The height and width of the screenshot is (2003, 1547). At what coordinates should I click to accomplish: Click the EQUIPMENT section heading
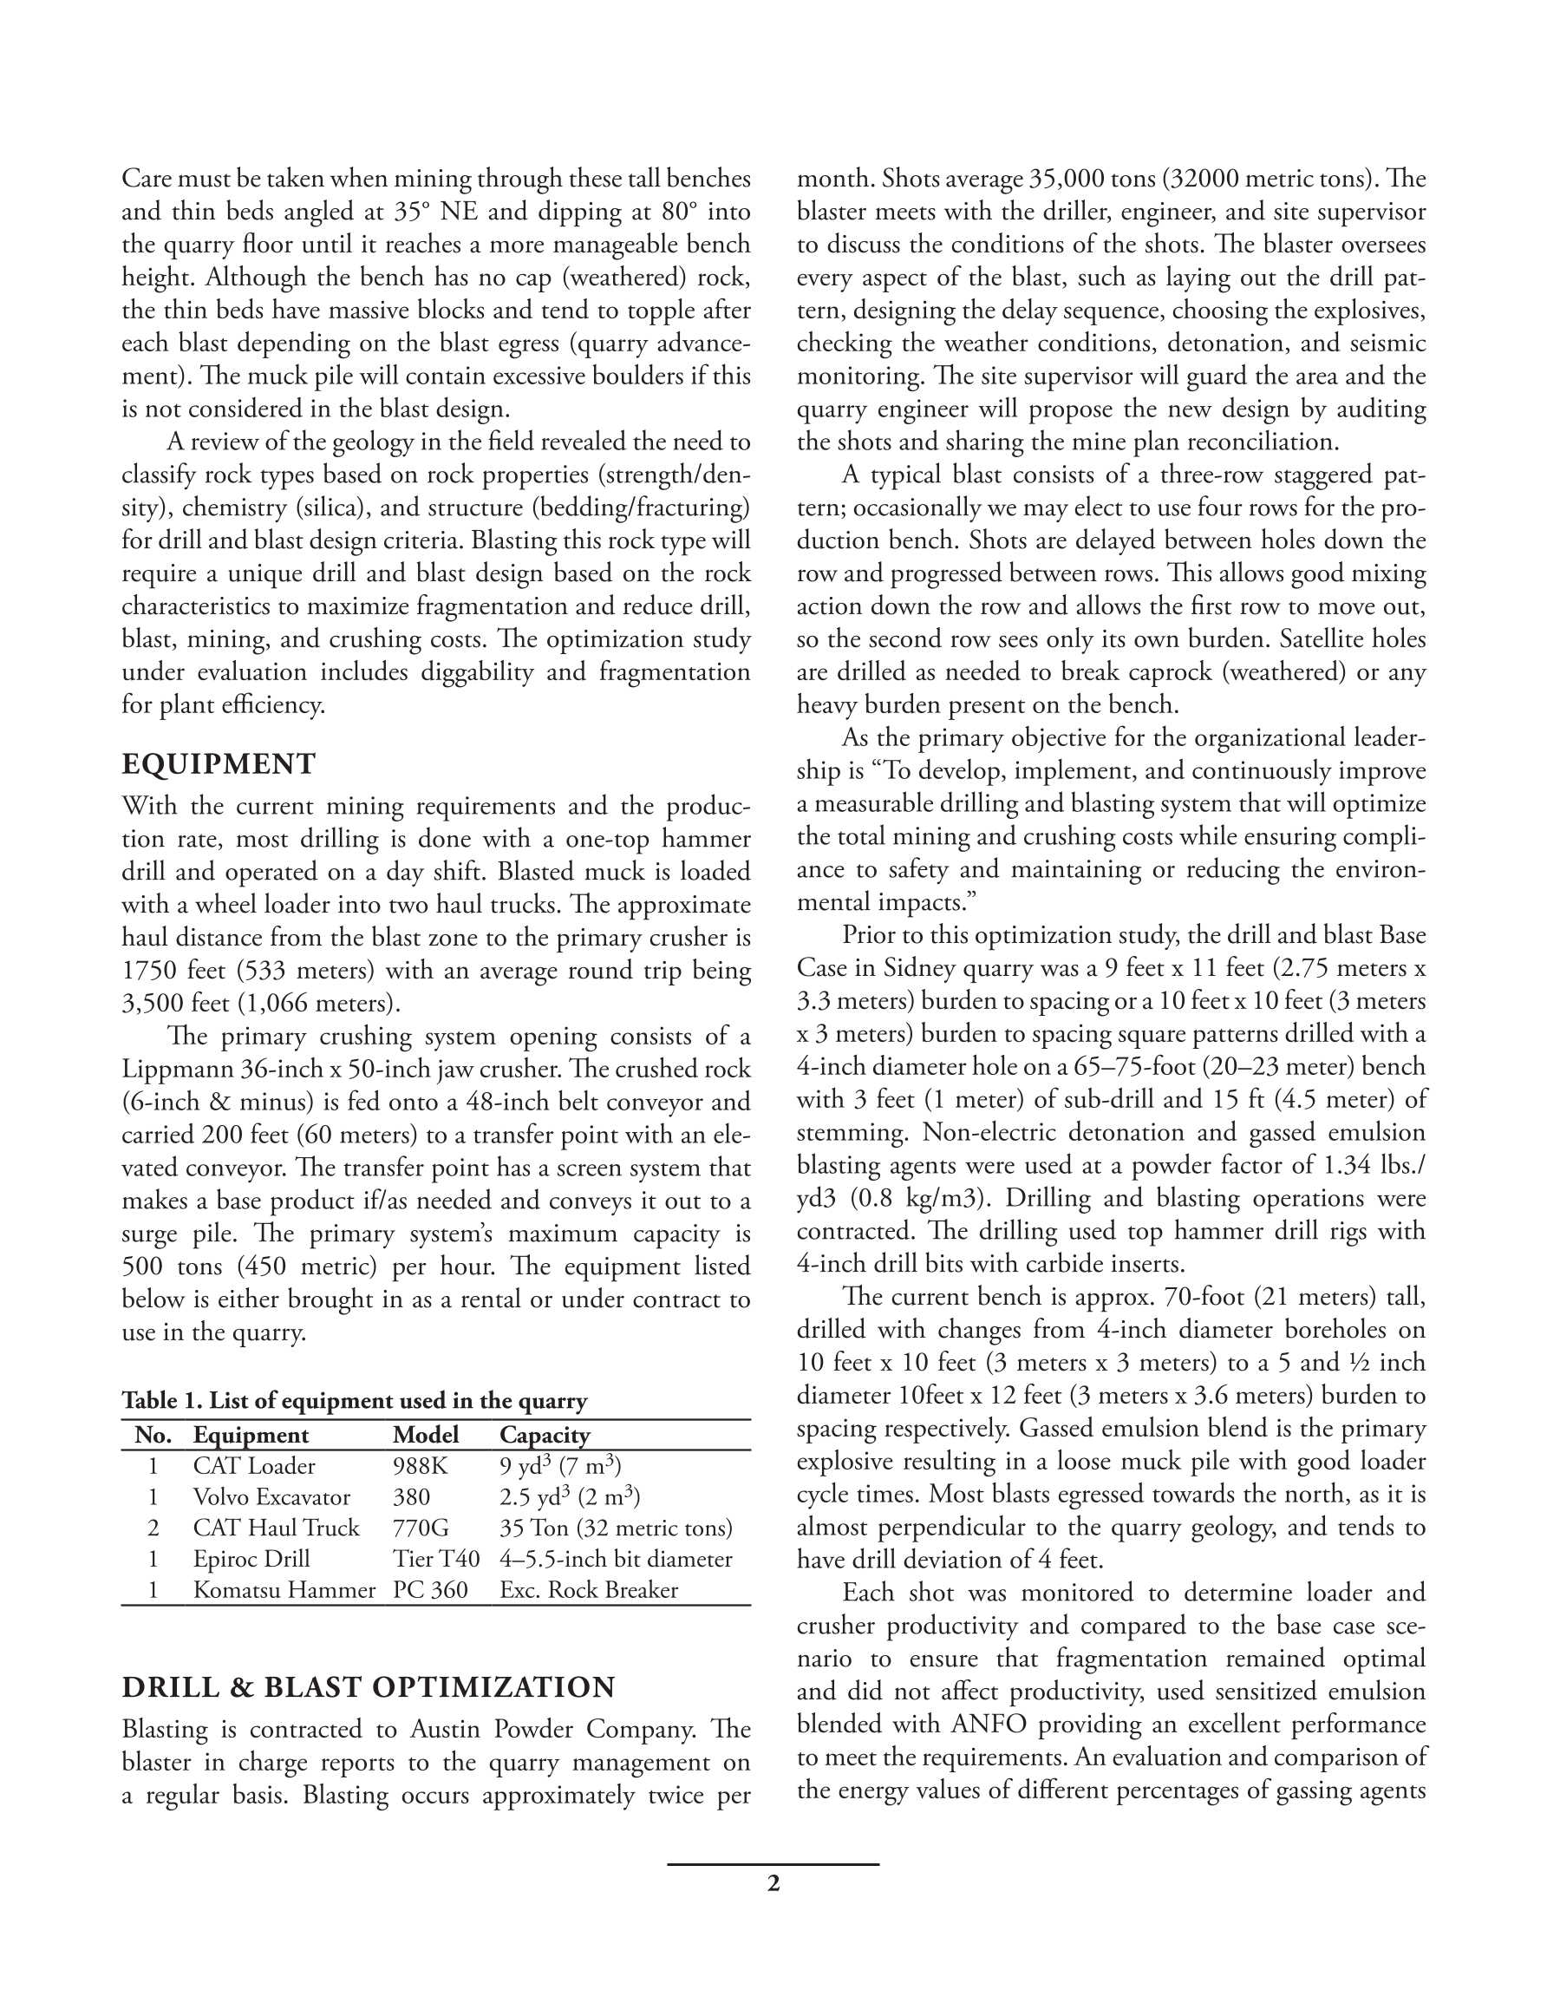tap(219, 764)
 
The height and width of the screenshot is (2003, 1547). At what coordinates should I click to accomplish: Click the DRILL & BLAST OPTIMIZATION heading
tap(369, 1687)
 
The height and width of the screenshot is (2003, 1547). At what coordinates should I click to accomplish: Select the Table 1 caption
tap(354, 1401)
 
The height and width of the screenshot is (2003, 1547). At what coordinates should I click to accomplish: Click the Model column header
tap(426, 1436)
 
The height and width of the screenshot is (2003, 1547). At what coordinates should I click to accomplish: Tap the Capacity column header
tap(545, 1436)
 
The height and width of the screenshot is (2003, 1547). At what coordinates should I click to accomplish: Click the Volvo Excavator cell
tap(271, 1497)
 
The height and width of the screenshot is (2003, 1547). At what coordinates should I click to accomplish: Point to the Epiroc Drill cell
tap(251, 1559)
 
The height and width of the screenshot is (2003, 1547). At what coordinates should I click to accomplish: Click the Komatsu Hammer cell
tap(284, 1589)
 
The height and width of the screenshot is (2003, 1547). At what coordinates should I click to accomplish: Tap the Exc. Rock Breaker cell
tap(589, 1589)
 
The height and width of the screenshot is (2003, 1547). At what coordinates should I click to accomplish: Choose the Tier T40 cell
tap(435, 1559)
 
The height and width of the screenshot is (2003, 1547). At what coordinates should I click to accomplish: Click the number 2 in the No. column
tap(153, 1528)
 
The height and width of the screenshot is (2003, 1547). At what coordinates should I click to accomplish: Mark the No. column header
tap(153, 1436)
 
